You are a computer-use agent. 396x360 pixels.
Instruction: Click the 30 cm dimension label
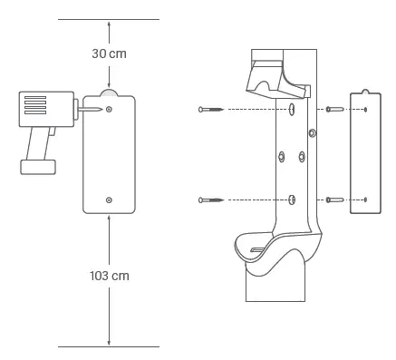click(x=109, y=53)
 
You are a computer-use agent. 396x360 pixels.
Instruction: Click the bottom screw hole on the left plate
click(x=109, y=199)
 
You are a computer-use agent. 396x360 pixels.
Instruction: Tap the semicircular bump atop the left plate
click(x=109, y=92)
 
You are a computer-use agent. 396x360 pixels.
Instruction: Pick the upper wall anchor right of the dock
click(x=334, y=110)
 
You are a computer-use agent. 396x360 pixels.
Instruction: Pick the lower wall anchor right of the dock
click(x=334, y=199)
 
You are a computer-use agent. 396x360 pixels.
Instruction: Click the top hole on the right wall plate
click(x=364, y=110)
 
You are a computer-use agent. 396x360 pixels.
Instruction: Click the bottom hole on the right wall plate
click(x=364, y=199)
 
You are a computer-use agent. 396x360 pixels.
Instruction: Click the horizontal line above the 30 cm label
click(x=109, y=19)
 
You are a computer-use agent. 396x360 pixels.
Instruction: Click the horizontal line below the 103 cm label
click(x=109, y=345)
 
